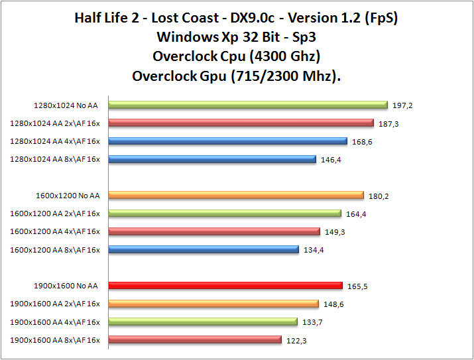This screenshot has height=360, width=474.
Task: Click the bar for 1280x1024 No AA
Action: tap(247, 104)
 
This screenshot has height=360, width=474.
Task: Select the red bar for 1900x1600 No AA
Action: tap(225, 285)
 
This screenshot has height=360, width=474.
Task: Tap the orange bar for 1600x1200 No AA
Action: tap(236, 195)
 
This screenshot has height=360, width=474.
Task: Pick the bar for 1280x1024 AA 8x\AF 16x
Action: tap(211, 158)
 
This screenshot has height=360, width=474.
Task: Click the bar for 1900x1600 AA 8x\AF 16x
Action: tap(195, 339)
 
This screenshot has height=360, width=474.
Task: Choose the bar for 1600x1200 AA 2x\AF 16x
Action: tap(225, 213)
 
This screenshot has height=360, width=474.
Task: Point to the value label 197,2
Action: tap(402, 105)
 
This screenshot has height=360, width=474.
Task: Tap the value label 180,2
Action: tap(379, 196)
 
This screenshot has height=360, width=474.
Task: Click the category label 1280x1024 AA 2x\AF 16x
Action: tap(55, 123)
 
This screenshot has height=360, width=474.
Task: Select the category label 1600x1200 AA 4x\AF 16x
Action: tap(55, 231)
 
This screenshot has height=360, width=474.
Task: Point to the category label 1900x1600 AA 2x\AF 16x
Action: tap(55, 304)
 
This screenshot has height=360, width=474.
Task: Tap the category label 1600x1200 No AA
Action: tap(68, 196)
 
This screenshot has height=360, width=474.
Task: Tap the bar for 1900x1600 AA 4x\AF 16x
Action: tap(203, 322)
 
